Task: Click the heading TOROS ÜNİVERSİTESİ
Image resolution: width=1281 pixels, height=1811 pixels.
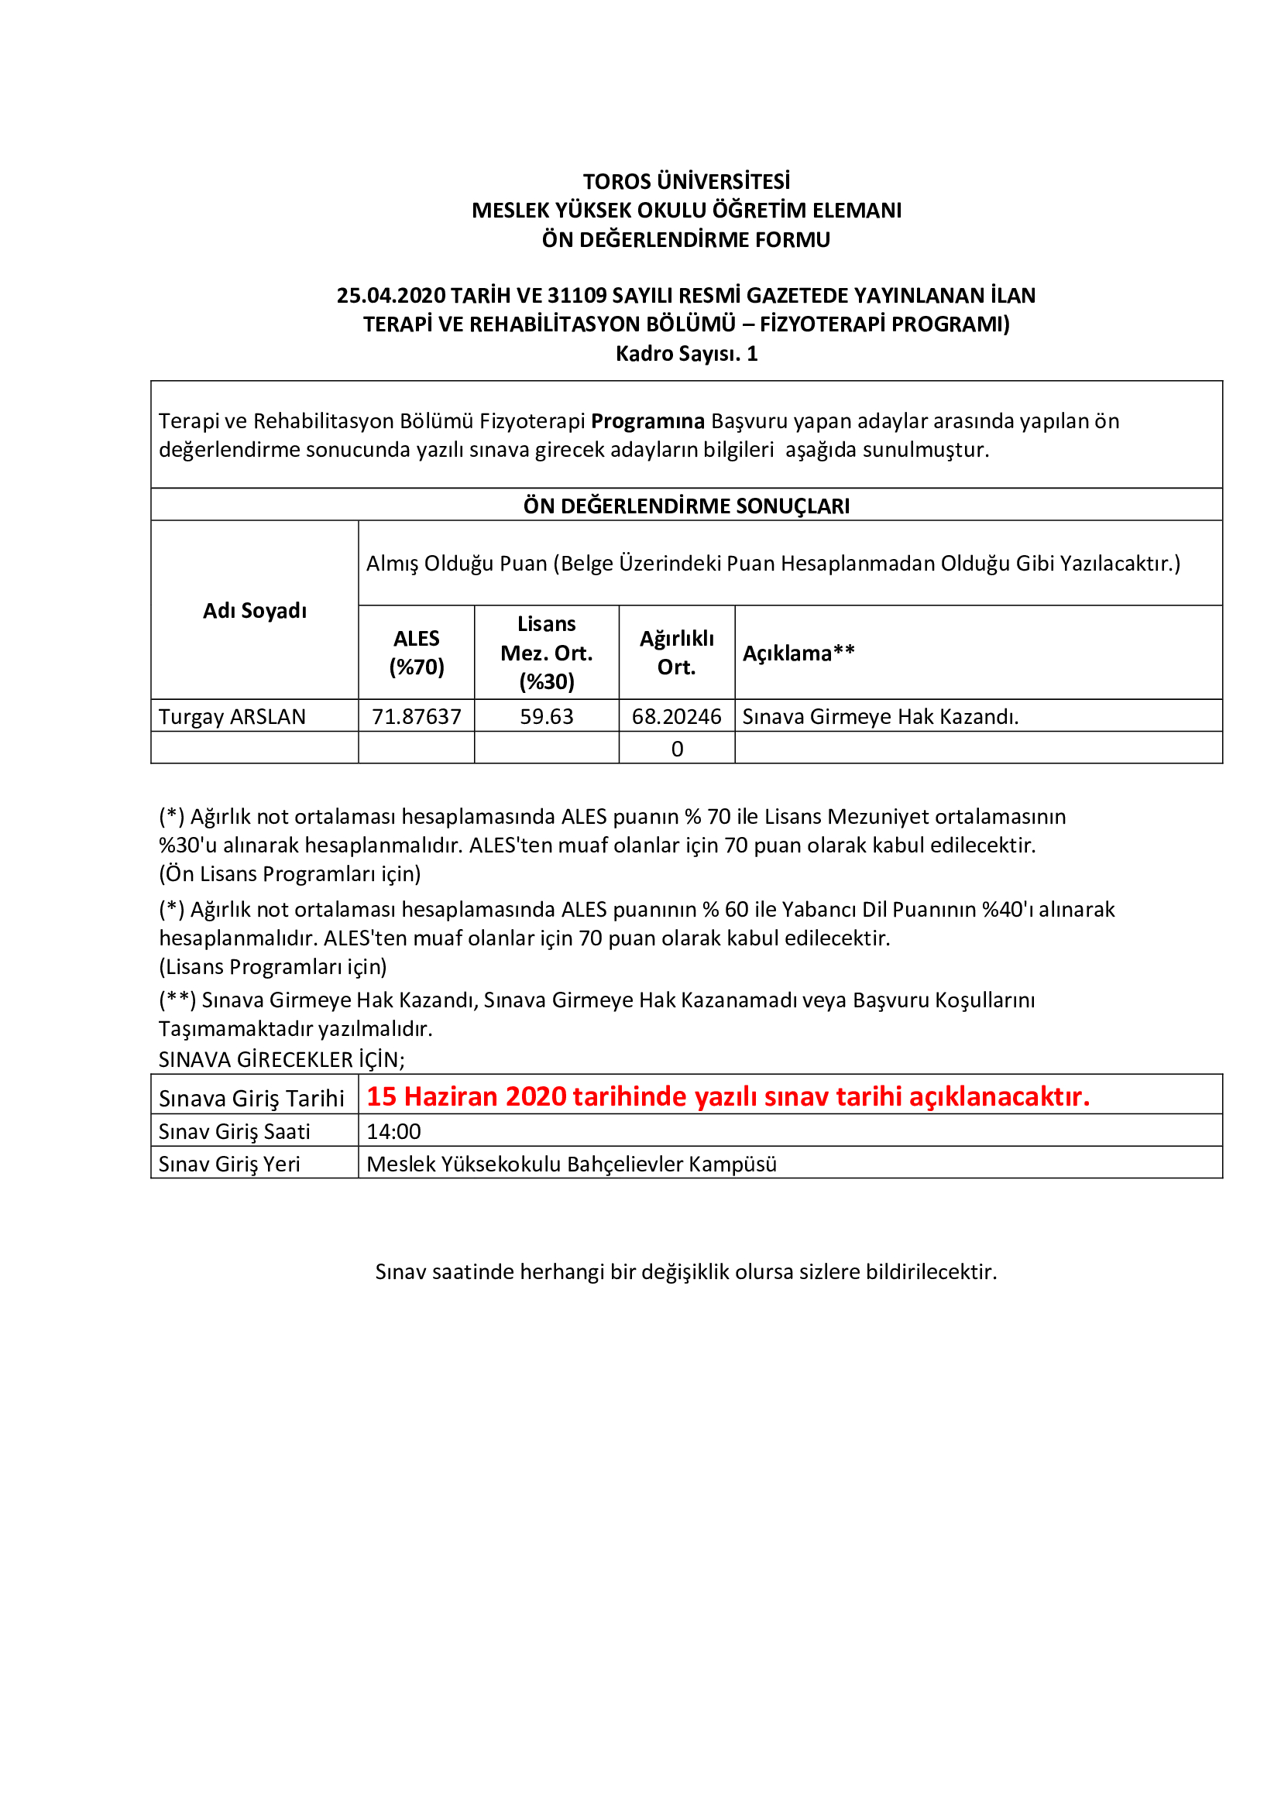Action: [685, 181]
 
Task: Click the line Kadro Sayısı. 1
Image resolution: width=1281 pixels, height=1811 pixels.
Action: [685, 353]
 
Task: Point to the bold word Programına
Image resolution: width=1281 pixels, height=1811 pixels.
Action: [647, 420]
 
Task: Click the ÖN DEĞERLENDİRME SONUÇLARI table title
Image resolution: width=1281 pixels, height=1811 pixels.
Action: [685, 506]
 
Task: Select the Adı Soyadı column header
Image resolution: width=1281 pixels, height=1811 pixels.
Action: [254, 610]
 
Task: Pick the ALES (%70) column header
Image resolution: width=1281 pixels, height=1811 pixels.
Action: [416, 652]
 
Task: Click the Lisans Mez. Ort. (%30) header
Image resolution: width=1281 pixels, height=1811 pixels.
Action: [546, 652]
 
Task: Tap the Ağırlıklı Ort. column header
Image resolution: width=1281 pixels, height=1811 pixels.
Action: [676, 652]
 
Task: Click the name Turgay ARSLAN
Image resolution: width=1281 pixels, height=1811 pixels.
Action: [232, 716]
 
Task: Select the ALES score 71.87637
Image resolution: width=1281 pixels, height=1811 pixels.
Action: [416, 716]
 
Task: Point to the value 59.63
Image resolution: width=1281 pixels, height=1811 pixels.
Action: [546, 716]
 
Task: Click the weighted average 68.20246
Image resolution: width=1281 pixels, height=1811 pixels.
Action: [676, 716]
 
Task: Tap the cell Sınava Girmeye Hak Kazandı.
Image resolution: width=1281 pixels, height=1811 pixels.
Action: [881, 716]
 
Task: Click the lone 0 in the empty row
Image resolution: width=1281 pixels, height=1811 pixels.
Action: [677, 749]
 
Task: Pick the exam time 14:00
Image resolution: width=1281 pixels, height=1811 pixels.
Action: [393, 1131]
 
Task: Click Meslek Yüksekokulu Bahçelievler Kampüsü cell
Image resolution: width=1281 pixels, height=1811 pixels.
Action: [571, 1164]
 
